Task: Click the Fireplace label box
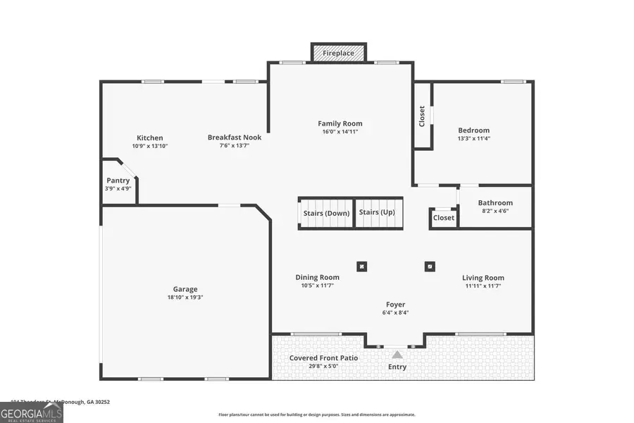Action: (x=339, y=53)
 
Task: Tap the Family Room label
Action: (x=340, y=123)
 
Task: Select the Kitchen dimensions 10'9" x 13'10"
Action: (x=150, y=146)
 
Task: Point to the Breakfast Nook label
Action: (x=235, y=137)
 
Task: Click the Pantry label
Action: (x=118, y=180)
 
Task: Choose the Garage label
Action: (x=185, y=289)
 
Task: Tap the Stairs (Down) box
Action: (x=326, y=212)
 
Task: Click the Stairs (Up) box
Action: (x=377, y=212)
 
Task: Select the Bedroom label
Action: (x=473, y=130)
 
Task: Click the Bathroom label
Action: (x=495, y=203)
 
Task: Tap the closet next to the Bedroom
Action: (x=422, y=116)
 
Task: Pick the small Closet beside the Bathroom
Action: (x=444, y=219)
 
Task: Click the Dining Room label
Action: (x=317, y=277)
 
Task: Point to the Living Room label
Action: (x=483, y=277)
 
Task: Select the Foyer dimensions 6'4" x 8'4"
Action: (x=395, y=312)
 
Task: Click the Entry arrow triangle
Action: (x=397, y=355)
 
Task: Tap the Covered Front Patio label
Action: (x=323, y=358)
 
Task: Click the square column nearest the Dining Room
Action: (x=361, y=266)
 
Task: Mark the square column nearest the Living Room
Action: (x=429, y=266)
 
